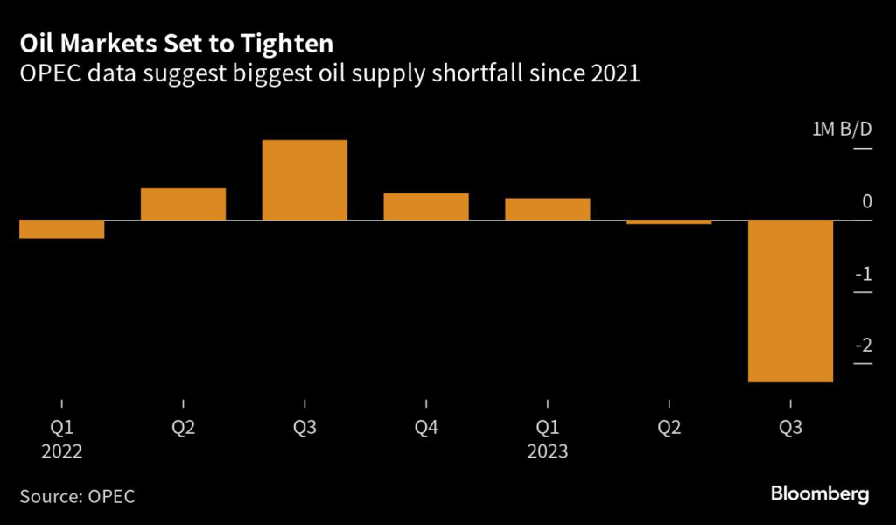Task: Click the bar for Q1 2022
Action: pyautogui.click(x=61, y=228)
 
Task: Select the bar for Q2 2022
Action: pyautogui.click(x=183, y=204)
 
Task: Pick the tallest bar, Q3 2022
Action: pyautogui.click(x=304, y=179)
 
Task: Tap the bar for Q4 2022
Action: pyautogui.click(x=426, y=206)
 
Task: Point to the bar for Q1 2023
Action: pyautogui.click(x=548, y=208)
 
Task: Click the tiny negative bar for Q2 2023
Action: pyautogui.click(x=669, y=221)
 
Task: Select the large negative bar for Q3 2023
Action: pyautogui.click(x=791, y=300)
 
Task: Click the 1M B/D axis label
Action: pyautogui.click(x=843, y=129)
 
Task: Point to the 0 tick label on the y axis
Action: pyautogui.click(x=866, y=201)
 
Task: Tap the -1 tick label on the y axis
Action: pyautogui.click(x=864, y=274)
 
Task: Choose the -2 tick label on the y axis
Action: pyautogui.click(x=864, y=346)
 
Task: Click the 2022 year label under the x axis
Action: pyautogui.click(x=61, y=452)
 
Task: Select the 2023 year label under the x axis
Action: pyautogui.click(x=548, y=452)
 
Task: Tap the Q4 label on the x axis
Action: pyautogui.click(x=426, y=429)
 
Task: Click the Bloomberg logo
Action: pyautogui.click(x=820, y=494)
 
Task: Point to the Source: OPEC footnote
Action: pyautogui.click(x=77, y=496)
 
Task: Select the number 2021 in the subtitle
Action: pyautogui.click(x=613, y=73)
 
